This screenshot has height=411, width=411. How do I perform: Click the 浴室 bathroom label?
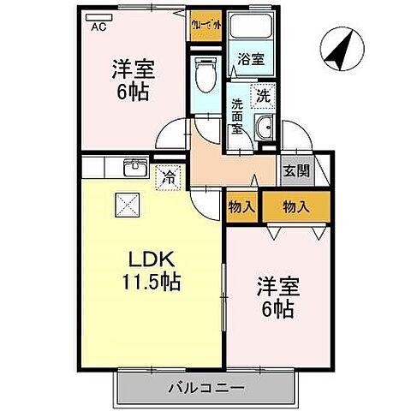[251, 59]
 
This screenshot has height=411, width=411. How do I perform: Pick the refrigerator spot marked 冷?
[169, 178]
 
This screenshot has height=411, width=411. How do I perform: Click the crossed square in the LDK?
[128, 205]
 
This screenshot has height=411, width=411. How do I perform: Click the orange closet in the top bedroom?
[206, 23]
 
